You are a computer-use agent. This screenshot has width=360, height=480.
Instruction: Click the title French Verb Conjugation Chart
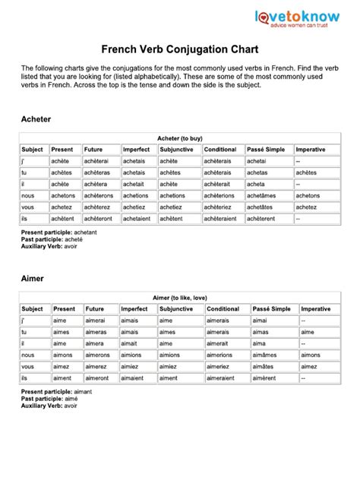tap(179, 49)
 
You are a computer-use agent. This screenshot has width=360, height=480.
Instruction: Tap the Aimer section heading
tap(33, 279)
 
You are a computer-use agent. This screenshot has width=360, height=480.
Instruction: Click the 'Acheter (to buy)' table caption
tap(179, 139)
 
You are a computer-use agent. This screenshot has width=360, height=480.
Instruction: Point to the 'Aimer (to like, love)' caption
tap(180, 298)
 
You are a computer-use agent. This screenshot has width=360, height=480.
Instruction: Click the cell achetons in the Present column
tap(63, 195)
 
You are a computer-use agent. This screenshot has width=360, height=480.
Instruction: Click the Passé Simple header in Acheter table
tap(266, 150)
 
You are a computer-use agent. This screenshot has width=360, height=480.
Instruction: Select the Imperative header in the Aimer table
tap(316, 309)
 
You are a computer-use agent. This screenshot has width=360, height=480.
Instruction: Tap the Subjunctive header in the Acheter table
tap(177, 150)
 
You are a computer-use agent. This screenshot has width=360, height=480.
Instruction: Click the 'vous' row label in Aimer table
tap(29, 366)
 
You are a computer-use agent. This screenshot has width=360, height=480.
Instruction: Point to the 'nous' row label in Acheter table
tap(29, 195)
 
